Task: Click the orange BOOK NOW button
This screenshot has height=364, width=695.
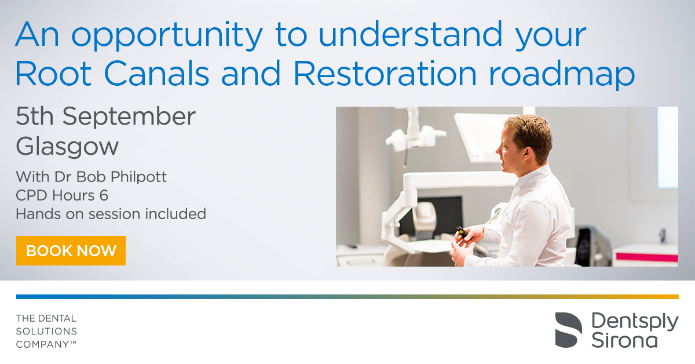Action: [x=71, y=250]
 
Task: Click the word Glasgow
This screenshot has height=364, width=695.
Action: [x=67, y=147]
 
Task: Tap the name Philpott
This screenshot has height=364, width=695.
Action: [x=138, y=177]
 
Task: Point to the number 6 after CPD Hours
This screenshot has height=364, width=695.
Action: [x=104, y=196]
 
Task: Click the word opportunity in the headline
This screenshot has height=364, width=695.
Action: [x=167, y=35]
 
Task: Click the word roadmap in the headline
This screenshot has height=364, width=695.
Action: [x=562, y=75]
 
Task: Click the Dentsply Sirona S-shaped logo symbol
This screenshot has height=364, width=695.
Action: [x=568, y=330]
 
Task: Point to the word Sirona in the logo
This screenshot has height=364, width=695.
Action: [x=624, y=340]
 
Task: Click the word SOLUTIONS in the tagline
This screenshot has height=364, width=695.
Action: [x=46, y=332]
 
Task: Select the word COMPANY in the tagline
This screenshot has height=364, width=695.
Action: [x=42, y=344]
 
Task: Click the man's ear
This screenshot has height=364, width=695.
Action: [x=526, y=153]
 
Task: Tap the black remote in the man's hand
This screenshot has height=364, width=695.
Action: [x=462, y=232]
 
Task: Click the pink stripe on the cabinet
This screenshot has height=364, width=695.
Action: [x=647, y=257]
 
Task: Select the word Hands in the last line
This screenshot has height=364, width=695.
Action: [x=38, y=214]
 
